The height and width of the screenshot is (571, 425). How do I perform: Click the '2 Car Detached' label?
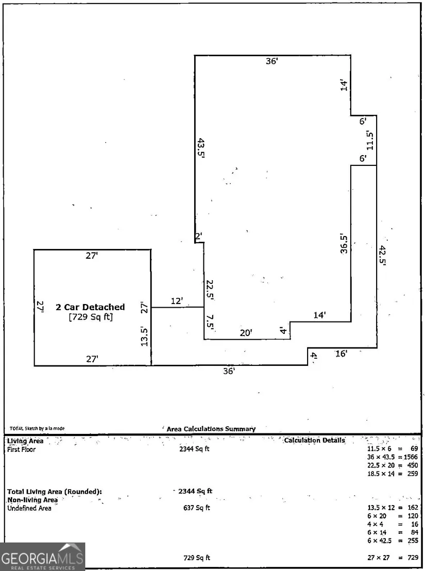90,307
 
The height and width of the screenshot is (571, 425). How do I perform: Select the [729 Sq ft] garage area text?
90,317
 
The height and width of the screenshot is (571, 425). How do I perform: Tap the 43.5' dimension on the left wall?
201,150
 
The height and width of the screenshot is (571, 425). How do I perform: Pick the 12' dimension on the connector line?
177,300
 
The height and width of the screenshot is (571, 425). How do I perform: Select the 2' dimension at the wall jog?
198,236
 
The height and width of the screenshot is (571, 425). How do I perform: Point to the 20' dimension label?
246,333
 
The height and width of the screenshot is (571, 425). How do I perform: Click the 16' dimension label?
341,354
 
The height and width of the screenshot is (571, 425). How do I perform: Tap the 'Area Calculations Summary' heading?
211,429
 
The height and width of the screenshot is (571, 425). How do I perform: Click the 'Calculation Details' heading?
314,440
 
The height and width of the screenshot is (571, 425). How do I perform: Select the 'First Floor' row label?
21,449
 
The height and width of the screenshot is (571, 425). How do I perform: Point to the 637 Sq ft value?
197,508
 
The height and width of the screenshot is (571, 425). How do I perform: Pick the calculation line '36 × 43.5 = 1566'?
392,457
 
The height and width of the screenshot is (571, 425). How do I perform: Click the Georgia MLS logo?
42,557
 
